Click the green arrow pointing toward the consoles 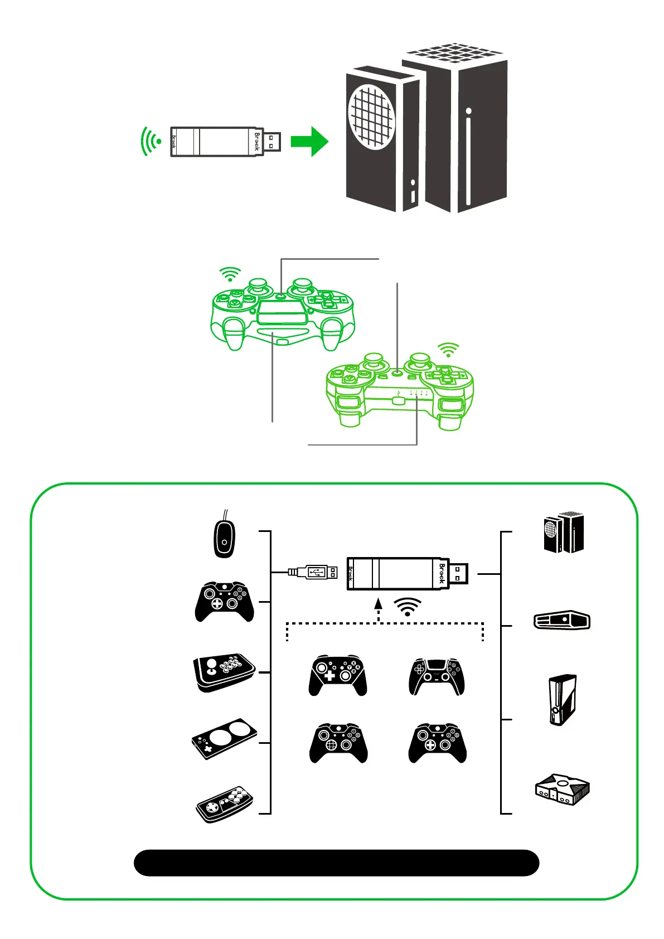(x=310, y=142)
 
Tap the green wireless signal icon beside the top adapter (x=151, y=142)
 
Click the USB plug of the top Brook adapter (x=272, y=142)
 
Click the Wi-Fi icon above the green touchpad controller (x=230, y=274)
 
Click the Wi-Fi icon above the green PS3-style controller (x=448, y=350)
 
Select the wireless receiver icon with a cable (x=224, y=537)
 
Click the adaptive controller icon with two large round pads (x=224, y=738)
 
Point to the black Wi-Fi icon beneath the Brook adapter (x=408, y=607)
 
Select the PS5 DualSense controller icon (x=437, y=676)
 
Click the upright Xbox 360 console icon (x=563, y=700)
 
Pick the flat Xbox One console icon (x=562, y=620)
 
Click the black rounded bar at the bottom (x=336, y=863)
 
